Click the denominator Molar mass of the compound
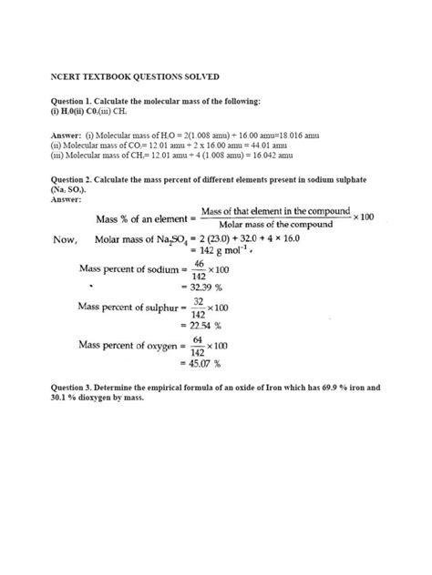(x=276, y=226)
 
